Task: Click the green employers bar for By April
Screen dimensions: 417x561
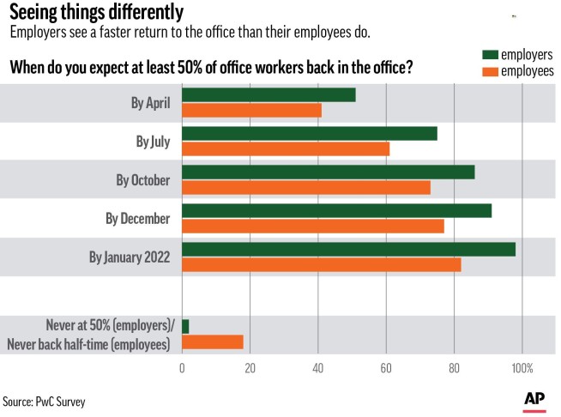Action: click(x=268, y=95)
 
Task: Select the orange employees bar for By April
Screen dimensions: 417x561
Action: click(x=251, y=111)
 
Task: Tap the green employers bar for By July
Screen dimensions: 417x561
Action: click(x=310, y=134)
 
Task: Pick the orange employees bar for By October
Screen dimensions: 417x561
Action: click(x=306, y=188)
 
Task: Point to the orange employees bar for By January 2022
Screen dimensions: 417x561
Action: click(x=322, y=265)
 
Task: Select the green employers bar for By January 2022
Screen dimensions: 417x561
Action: click(x=348, y=250)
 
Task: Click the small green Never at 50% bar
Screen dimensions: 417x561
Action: click(x=185, y=327)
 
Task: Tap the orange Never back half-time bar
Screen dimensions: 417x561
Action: click(x=213, y=342)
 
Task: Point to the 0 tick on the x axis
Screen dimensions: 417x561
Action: click(x=182, y=368)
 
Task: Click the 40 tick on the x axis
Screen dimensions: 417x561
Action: click(x=317, y=368)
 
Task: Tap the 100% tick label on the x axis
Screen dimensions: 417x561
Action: click(x=521, y=368)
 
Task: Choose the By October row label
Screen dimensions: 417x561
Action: click(x=143, y=181)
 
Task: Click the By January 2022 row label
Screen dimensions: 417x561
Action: click(x=130, y=257)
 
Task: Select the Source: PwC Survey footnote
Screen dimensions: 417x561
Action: click(x=45, y=401)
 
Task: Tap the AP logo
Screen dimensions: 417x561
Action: click(x=534, y=400)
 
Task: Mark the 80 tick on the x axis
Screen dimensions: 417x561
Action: click(x=453, y=368)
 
